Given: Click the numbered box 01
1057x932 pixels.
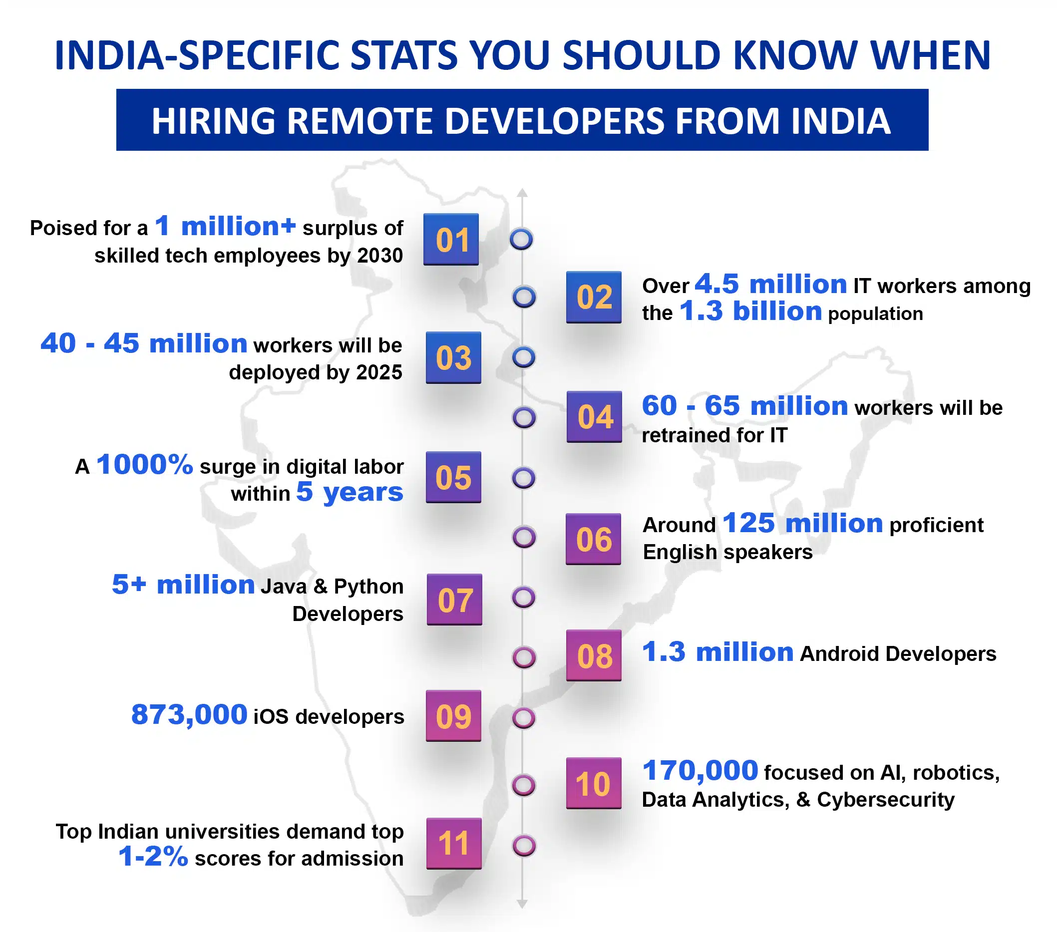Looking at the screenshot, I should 451,239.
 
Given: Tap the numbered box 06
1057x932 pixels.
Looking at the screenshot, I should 593,539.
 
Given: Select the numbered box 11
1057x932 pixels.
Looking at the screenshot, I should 453,844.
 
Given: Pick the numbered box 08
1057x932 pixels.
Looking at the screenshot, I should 594,655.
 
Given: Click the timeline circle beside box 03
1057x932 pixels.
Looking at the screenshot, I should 523,357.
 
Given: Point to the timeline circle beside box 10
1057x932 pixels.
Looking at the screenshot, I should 523,785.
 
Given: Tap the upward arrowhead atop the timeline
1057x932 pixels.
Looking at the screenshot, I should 522,193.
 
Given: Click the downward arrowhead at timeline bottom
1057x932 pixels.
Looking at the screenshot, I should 522,904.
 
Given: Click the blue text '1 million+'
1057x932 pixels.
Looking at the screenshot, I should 226,227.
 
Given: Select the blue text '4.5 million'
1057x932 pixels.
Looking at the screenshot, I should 770,285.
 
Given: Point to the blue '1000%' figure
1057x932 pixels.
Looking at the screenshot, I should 145,464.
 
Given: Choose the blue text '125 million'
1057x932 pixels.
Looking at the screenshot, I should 802,523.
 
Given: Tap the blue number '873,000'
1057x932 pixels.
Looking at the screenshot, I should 189,715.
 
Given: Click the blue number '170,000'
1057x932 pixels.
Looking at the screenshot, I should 700,771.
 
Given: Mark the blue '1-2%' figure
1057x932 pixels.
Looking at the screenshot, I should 153,857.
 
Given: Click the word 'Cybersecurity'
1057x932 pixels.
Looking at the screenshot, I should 885,800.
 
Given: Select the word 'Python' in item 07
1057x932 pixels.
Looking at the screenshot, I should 368,587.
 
